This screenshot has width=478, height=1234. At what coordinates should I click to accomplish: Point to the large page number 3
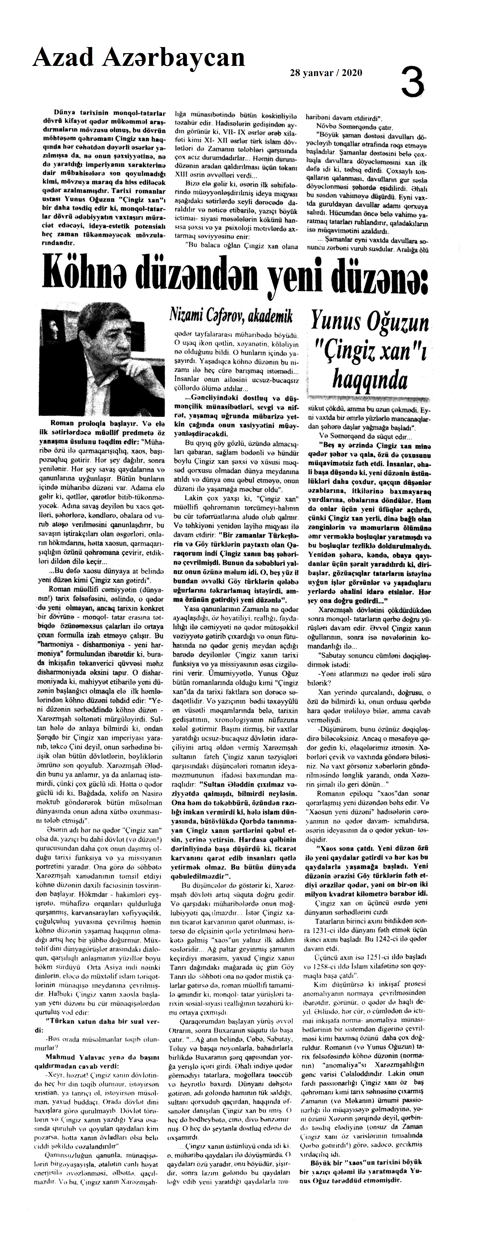[412, 81]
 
